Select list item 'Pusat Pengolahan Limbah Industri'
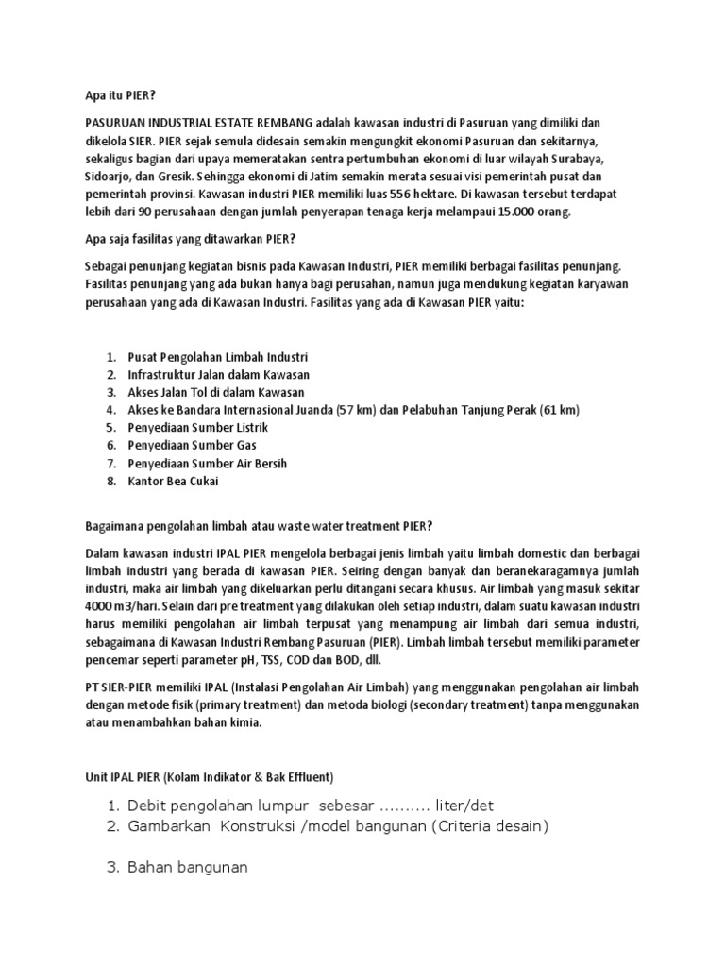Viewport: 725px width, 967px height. click(217, 357)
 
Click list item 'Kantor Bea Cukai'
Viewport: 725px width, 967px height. click(172, 482)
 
